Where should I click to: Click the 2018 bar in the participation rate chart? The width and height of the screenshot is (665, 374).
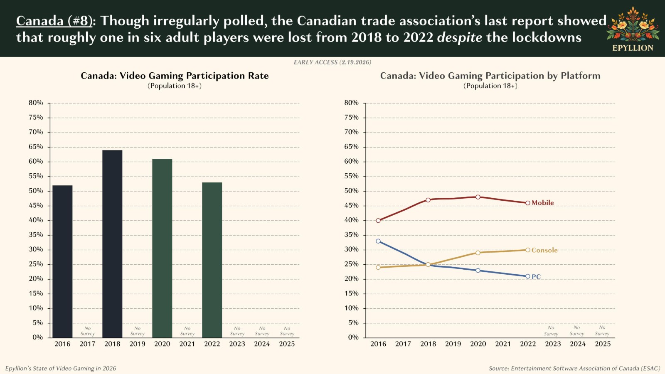click(x=112, y=244)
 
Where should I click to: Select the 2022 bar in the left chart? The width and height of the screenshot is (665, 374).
click(x=212, y=260)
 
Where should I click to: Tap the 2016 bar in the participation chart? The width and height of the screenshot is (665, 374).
click(x=62, y=261)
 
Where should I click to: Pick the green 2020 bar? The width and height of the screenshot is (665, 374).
click(x=162, y=248)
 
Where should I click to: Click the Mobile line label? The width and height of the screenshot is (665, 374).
click(x=543, y=203)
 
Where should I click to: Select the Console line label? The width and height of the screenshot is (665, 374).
click(x=544, y=250)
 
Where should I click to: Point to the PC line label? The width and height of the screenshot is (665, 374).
click(x=536, y=277)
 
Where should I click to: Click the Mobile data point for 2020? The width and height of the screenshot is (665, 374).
click(x=478, y=197)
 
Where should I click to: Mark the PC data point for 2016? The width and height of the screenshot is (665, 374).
click(x=378, y=241)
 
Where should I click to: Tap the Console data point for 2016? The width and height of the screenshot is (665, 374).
click(x=378, y=268)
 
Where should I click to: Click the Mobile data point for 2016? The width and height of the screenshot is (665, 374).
click(x=378, y=221)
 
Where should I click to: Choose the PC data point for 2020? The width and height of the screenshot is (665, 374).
click(x=478, y=271)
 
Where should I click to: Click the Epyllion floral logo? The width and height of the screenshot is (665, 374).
click(x=633, y=25)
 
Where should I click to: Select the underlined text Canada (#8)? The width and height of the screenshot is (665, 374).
click(x=54, y=21)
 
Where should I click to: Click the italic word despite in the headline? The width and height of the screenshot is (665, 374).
click(x=459, y=38)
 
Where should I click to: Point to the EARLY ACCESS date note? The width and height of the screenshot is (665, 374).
click(x=332, y=62)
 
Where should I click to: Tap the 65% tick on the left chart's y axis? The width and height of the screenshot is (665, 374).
click(x=36, y=147)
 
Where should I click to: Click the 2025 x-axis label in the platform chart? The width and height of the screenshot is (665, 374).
click(x=603, y=344)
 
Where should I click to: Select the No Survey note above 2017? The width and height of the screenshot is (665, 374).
click(x=87, y=331)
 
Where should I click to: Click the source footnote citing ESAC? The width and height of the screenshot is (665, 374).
click(x=574, y=369)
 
